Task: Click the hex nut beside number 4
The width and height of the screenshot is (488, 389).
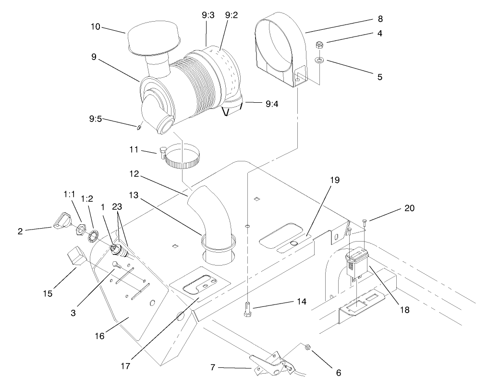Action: [x=319, y=46]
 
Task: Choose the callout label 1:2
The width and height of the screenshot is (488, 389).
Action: [x=87, y=198]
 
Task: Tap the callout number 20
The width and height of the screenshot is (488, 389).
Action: [x=409, y=208]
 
